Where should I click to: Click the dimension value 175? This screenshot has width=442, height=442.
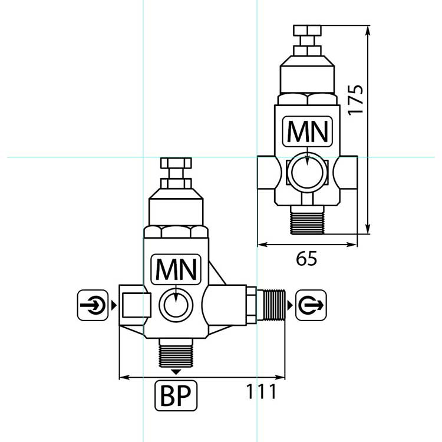355,100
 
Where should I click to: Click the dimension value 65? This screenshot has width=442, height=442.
306,259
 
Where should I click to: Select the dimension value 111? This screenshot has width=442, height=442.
261,391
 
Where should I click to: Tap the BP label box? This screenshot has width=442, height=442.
176,395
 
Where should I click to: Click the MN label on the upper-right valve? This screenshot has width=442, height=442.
308,131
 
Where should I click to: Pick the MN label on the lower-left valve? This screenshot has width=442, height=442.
176,269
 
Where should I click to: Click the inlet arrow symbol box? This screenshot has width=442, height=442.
93,305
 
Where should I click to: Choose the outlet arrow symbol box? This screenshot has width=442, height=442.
311,305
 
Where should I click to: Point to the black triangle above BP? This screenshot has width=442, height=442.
176,372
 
